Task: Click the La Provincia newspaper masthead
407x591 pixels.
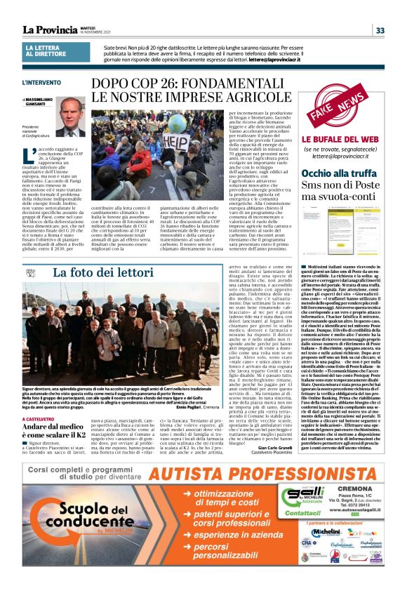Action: pyautogui.click(x=50, y=29)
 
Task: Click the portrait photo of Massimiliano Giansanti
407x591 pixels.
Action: pyautogui.click(x=71, y=117)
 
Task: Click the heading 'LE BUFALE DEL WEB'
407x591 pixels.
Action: pyautogui.click(x=339, y=140)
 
